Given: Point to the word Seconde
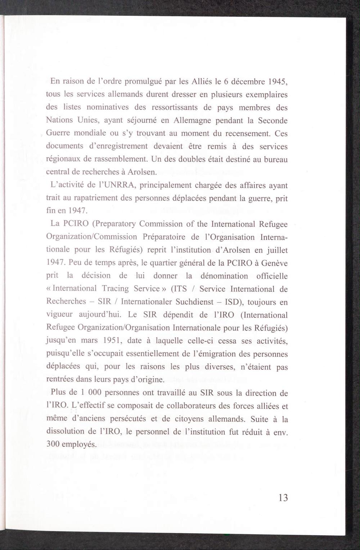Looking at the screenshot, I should [273, 121].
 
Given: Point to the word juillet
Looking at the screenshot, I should [277, 250].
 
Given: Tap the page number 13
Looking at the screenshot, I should [283, 498].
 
